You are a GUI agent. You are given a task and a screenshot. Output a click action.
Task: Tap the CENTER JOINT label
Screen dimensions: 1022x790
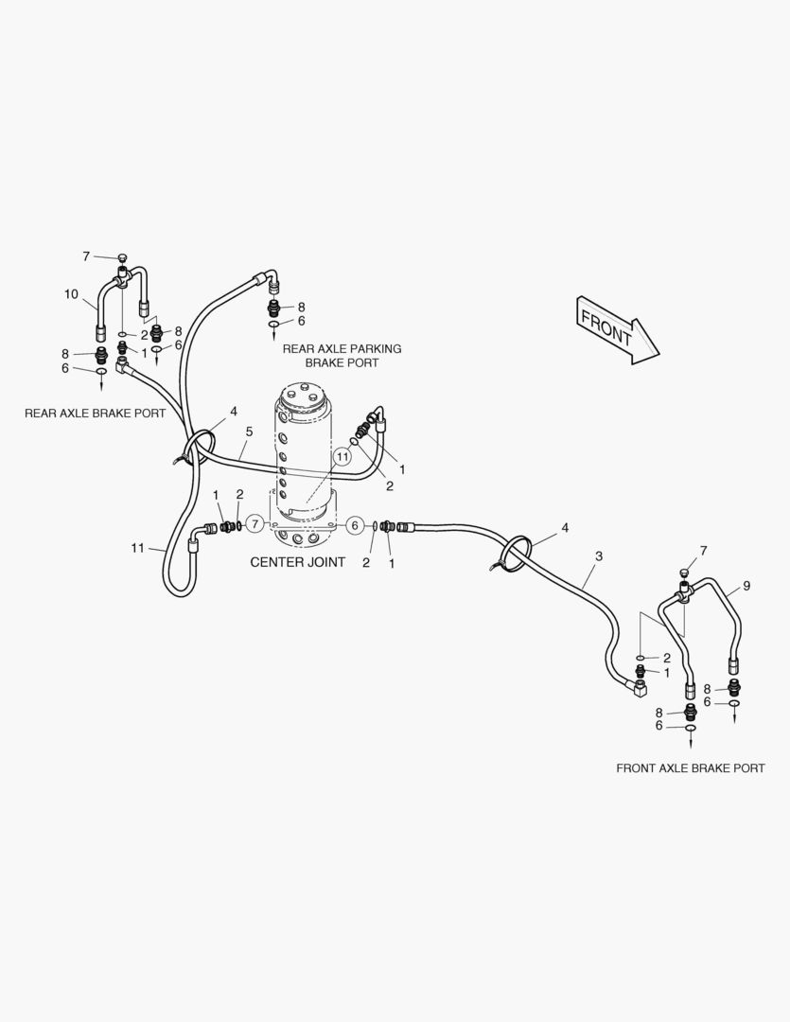(x=296, y=562)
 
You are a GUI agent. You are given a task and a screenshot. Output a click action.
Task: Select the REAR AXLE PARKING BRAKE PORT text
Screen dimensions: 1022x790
(x=342, y=356)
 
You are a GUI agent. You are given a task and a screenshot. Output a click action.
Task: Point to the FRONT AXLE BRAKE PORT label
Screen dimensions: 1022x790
(x=690, y=768)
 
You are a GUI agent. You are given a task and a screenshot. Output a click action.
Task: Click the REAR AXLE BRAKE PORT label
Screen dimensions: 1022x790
(x=95, y=414)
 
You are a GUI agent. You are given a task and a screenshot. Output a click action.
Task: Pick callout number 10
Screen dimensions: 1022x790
(x=72, y=294)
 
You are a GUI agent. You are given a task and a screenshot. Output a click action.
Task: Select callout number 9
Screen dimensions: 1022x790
(x=746, y=587)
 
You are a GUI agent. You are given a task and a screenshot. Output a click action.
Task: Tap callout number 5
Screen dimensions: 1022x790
(x=249, y=432)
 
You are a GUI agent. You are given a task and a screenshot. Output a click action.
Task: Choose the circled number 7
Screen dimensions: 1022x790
(x=254, y=524)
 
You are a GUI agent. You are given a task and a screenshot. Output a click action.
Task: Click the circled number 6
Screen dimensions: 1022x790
(x=355, y=525)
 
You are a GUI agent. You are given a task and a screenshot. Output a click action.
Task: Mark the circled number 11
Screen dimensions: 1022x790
(x=342, y=456)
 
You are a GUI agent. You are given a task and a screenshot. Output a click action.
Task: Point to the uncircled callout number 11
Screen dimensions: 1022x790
(x=139, y=548)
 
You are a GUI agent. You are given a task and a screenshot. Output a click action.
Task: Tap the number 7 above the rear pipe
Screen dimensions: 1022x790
(x=86, y=255)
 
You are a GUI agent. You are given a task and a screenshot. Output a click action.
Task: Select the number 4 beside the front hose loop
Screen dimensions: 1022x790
(x=565, y=527)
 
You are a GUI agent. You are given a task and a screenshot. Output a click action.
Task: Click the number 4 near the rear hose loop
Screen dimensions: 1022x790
(x=233, y=412)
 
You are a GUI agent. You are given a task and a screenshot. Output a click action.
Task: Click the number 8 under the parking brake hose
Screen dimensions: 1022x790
(x=301, y=307)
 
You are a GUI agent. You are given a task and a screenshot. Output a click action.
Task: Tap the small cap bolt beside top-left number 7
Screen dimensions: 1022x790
(x=122, y=257)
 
